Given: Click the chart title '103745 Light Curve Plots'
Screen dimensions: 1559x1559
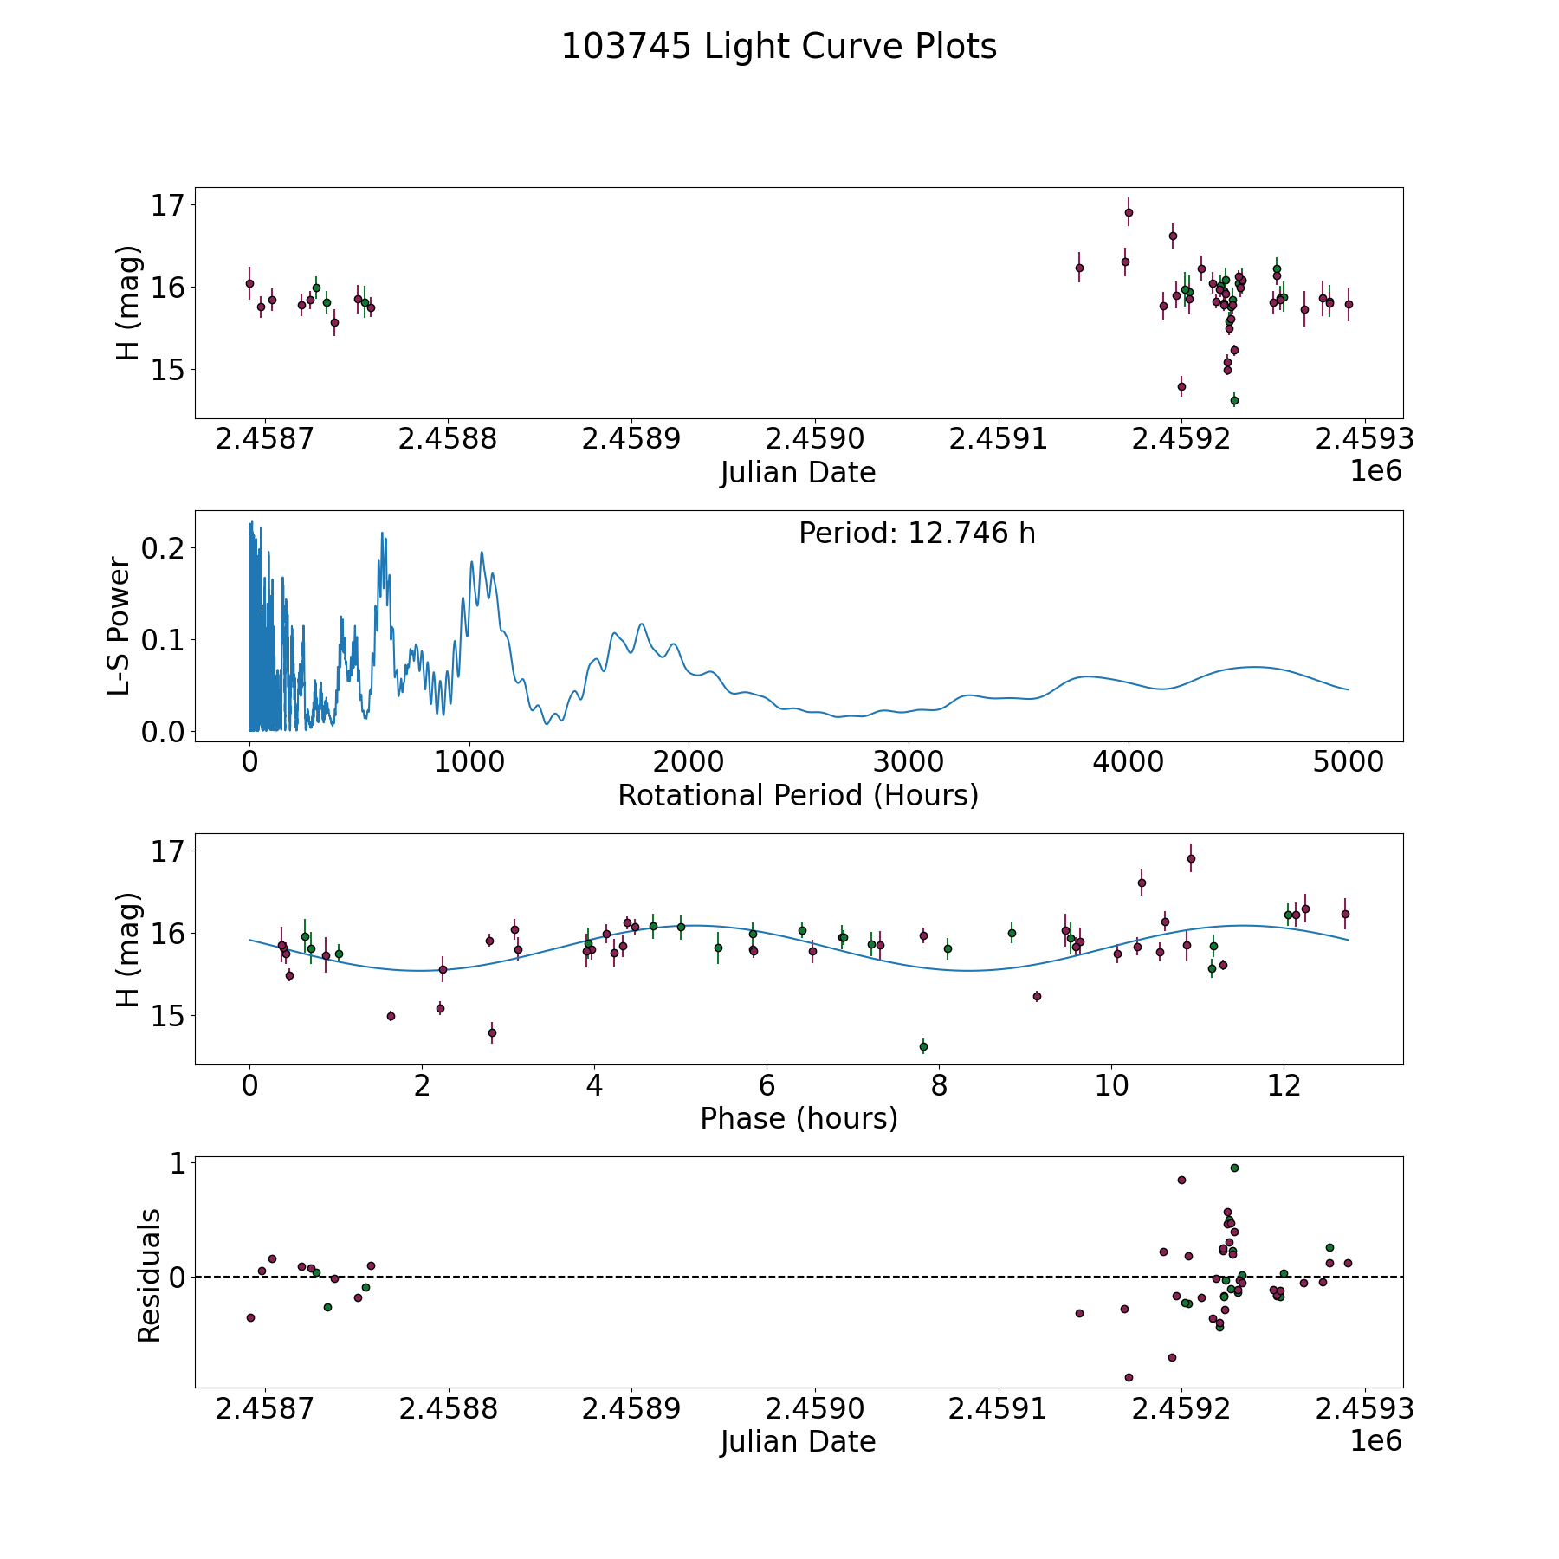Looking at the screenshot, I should pos(779,47).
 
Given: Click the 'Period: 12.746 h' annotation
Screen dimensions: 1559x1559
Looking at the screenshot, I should pos(916,534).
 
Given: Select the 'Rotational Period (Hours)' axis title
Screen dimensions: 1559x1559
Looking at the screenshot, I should pos(798,795).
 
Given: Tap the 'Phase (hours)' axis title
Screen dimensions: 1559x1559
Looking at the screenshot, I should pos(798,1118).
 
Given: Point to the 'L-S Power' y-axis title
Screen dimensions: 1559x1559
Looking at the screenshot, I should pos(120,626).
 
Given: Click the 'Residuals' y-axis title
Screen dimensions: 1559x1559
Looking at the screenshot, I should pos(149,1275).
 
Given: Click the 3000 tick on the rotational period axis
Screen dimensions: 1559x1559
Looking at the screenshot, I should pos(909,762).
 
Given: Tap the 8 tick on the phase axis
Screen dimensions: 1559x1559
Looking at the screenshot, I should pos(939,1085).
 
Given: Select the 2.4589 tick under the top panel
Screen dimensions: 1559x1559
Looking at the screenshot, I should pos(631,439).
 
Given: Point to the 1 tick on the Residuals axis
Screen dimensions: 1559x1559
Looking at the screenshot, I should pos(178,1164).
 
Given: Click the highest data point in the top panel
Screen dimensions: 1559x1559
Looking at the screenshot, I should pos(1129,212).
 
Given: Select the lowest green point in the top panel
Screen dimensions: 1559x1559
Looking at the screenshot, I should pos(1234,400).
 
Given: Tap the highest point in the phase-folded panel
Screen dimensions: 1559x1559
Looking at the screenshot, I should pos(1191,858).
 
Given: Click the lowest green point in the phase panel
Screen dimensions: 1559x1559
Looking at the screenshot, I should pos(923,1046).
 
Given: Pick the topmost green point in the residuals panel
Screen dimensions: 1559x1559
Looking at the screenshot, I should pos(1234,1168).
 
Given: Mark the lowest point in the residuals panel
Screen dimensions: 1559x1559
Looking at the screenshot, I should pos(1129,1377).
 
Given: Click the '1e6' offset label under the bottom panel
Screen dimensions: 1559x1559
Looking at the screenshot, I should pos(1375,1441).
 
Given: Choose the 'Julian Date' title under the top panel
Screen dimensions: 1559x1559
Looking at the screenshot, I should pos(798,473).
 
